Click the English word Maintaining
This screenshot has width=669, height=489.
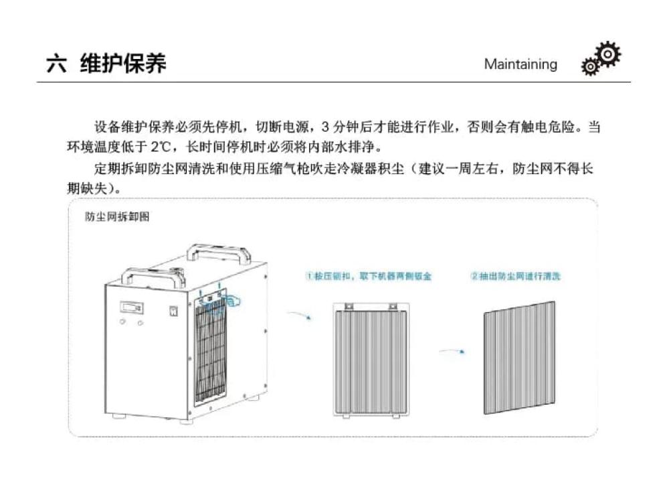pyautogui.click(x=520, y=64)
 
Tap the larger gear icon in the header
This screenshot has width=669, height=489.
pyautogui.click(x=608, y=54)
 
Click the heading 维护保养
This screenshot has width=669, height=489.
pyautogui.click(x=123, y=64)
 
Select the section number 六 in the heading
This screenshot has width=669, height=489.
pyautogui.click(x=56, y=64)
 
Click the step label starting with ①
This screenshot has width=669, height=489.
pyautogui.click(x=369, y=275)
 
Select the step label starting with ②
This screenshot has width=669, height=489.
pyautogui.click(x=515, y=275)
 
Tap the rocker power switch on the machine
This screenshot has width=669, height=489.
pyautogui.click(x=173, y=311)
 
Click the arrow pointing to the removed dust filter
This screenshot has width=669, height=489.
pyautogui.click(x=453, y=350)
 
